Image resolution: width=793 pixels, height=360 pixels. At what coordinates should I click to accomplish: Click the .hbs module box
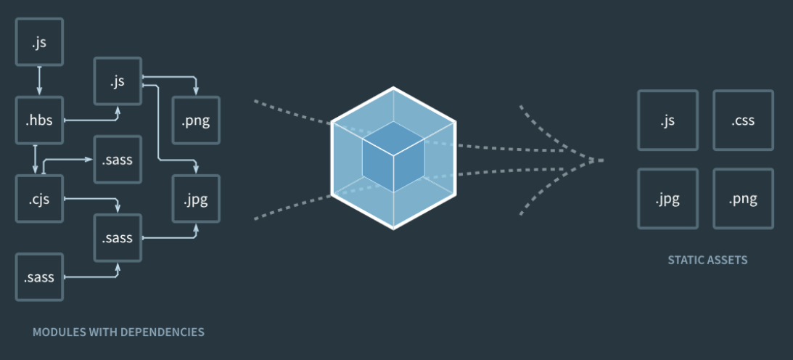[39, 120]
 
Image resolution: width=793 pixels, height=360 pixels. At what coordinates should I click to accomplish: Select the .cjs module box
[39, 198]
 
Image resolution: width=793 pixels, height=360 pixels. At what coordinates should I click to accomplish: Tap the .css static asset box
[743, 120]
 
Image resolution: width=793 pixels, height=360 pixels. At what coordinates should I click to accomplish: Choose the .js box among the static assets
[667, 120]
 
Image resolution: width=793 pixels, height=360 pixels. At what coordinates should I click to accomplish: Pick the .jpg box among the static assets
[667, 199]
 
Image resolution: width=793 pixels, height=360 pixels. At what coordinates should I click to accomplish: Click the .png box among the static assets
[743, 199]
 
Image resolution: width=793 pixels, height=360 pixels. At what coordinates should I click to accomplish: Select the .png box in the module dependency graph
[196, 120]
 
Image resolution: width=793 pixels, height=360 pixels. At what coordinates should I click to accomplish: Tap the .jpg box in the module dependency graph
[196, 199]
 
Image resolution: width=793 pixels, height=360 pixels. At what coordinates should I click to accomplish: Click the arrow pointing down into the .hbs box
[39, 80]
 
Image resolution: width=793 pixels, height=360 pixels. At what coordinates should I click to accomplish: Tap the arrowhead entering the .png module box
[196, 91]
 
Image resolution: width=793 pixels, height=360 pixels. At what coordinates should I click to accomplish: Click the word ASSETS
[727, 260]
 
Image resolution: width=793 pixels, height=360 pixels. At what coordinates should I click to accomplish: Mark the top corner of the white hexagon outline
[394, 88]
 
